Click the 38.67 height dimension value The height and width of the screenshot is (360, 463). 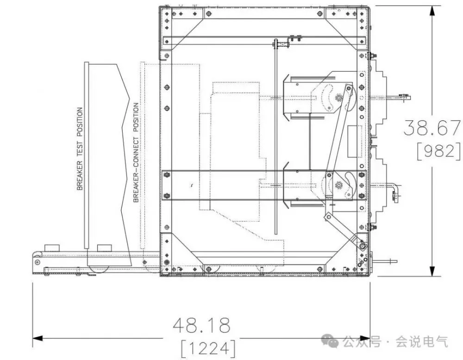pos(432,128)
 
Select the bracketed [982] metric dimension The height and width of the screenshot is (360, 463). pos(438,152)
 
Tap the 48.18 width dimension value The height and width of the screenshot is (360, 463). pos(201,325)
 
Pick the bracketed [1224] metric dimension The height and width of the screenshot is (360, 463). pos(208,348)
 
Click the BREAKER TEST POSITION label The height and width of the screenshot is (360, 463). pos(80,149)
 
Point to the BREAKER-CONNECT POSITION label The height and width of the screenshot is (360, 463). pos(136,153)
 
